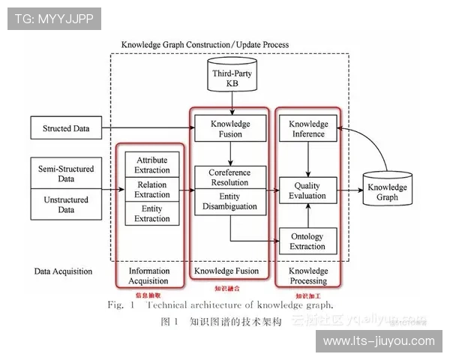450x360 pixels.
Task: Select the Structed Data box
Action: coord(66,128)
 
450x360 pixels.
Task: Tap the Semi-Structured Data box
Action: coord(66,174)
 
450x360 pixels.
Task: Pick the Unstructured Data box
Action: coord(66,205)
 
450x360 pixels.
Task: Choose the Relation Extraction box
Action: coord(152,190)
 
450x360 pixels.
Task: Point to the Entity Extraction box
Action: coord(152,213)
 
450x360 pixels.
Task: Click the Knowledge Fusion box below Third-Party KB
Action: coord(229,129)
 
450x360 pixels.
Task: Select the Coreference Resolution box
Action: coord(229,178)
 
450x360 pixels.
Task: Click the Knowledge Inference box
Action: coord(308,129)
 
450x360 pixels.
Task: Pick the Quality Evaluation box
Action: coord(308,190)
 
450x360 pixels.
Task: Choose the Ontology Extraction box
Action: coord(308,241)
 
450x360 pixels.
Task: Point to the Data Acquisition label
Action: coord(63,271)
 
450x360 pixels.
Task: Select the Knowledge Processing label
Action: coord(308,276)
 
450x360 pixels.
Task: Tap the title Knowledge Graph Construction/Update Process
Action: coord(205,45)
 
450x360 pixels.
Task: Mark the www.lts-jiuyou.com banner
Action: coord(378,341)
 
